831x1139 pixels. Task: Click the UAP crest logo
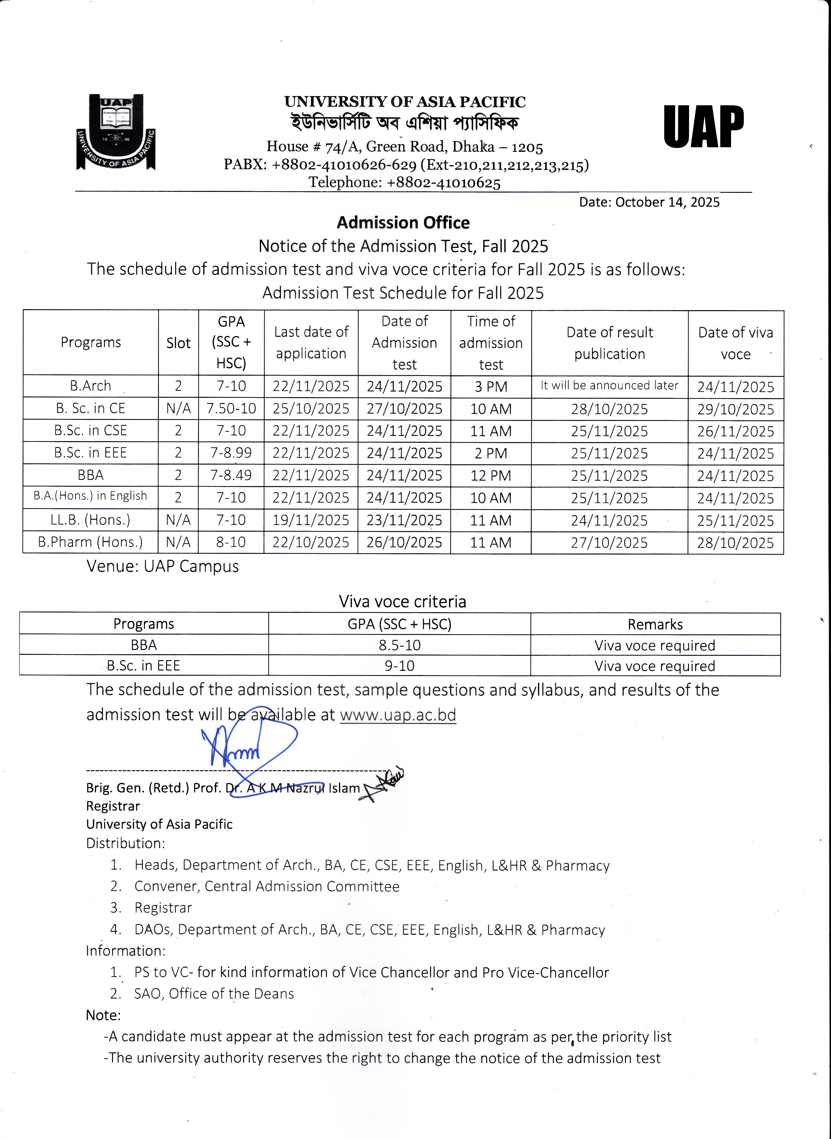[116, 132]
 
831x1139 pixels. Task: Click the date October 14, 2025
[649, 202]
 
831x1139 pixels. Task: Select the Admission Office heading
[403, 223]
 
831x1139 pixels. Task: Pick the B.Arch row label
[91, 386]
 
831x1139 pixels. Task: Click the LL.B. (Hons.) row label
[91, 520]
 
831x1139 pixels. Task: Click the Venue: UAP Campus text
[162, 566]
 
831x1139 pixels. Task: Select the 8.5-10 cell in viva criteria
[400, 645]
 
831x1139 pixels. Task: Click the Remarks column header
[655, 625]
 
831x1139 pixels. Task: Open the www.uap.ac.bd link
[398, 715]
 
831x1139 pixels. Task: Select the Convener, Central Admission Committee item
[267, 886]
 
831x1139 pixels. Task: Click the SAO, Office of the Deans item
[214, 994]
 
